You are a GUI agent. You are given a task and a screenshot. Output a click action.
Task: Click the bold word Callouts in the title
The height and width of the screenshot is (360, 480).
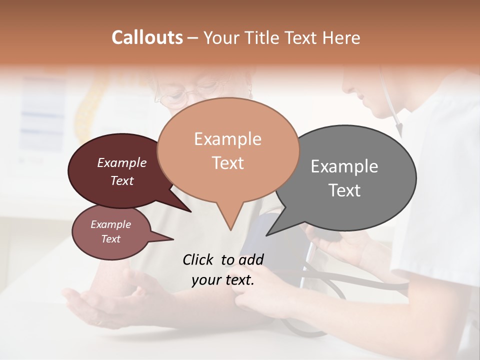[147, 37]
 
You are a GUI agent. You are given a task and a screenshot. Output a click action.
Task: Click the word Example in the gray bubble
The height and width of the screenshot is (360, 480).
[344, 166]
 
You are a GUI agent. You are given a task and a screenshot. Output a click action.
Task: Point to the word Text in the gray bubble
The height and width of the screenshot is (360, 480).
[344, 190]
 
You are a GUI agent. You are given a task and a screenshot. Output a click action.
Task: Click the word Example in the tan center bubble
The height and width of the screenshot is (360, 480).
[227, 139]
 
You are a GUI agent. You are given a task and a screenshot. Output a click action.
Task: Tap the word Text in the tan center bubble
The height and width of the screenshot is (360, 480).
[227, 163]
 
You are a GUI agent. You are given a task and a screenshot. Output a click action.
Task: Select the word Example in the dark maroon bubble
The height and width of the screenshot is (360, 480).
[122, 162]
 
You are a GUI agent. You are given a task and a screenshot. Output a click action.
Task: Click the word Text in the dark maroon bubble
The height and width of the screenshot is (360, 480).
[122, 180]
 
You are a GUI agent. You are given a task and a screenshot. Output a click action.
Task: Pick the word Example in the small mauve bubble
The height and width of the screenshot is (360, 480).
[111, 224]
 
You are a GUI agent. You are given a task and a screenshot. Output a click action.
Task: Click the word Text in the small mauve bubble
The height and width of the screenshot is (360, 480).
[111, 239]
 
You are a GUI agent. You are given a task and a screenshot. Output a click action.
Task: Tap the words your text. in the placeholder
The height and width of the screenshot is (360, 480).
[223, 280]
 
